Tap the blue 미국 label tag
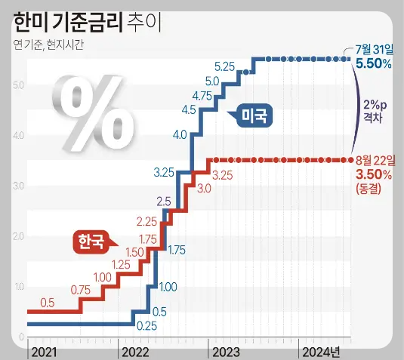point(253,115)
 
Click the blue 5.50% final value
point(373,64)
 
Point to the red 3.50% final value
point(373,174)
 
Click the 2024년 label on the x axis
point(321,352)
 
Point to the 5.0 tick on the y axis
point(19,85)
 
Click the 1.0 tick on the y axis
point(19,287)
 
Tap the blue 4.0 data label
point(180,135)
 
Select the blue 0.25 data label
point(146,327)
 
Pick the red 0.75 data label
point(80,289)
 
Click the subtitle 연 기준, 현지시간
point(50,45)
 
